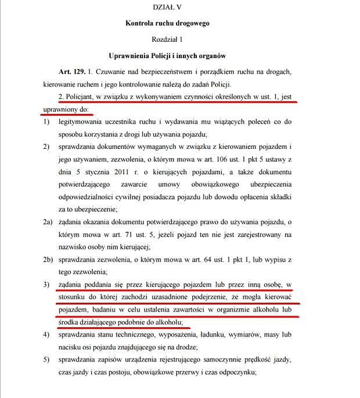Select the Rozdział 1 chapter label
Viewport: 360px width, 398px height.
[x=167, y=40]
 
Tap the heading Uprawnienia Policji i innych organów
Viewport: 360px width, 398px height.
[x=167, y=56]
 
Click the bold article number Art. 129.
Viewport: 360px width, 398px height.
[x=71, y=73]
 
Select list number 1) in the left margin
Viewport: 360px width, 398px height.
[x=46, y=123]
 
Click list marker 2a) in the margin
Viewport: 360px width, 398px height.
[x=48, y=223]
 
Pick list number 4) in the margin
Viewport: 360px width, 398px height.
[x=46, y=335]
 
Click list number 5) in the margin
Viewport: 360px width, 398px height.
[x=46, y=360]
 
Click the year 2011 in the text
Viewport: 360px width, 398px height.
[x=131, y=171]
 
